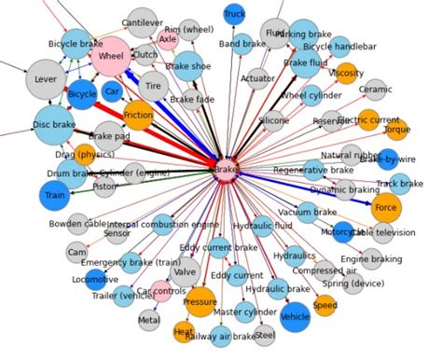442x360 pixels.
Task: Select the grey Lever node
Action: coord(44,80)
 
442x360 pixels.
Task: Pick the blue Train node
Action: coord(55,196)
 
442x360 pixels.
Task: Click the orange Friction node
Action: coord(138,114)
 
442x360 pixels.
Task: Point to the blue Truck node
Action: coord(235,14)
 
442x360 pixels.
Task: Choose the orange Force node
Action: coord(385,208)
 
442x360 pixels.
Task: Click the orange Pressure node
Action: coord(200,302)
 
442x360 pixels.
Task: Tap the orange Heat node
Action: coord(184,331)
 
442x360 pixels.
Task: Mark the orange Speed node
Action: coord(325,305)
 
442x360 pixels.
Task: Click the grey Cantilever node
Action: coord(142,22)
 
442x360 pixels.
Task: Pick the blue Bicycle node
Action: coord(83,94)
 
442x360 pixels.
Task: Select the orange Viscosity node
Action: coord(346,73)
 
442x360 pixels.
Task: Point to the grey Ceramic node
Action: coord(376,90)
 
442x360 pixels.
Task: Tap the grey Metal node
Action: coord(149,320)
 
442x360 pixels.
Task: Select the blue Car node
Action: coord(113,92)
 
